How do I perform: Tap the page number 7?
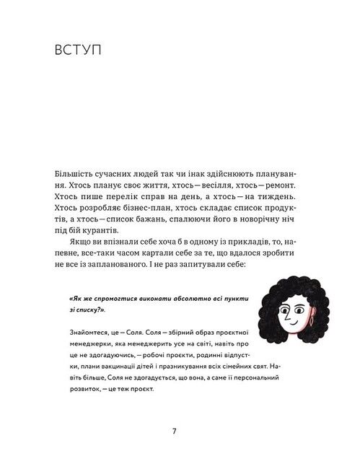(175, 431)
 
